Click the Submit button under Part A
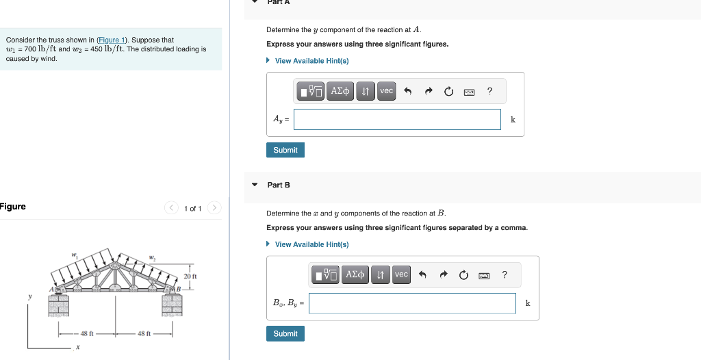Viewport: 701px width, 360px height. point(285,150)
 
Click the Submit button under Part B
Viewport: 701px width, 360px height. point(285,333)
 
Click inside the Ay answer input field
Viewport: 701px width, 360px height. point(397,119)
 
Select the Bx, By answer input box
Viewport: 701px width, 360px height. point(412,303)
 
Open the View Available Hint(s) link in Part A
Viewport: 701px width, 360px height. point(311,61)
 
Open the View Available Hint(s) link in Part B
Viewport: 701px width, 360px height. point(311,244)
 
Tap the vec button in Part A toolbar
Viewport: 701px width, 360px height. point(387,91)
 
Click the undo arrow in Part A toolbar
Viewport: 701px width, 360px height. point(408,91)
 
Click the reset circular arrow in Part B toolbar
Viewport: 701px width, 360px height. point(463,275)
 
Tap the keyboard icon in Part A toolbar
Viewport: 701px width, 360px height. point(469,91)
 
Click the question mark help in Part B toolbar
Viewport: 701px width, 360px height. point(505,275)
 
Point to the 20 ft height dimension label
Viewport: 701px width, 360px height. point(190,276)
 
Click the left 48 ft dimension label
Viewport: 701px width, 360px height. point(87,333)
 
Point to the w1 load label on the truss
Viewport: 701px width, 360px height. point(74,255)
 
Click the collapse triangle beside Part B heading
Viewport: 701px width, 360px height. point(255,185)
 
